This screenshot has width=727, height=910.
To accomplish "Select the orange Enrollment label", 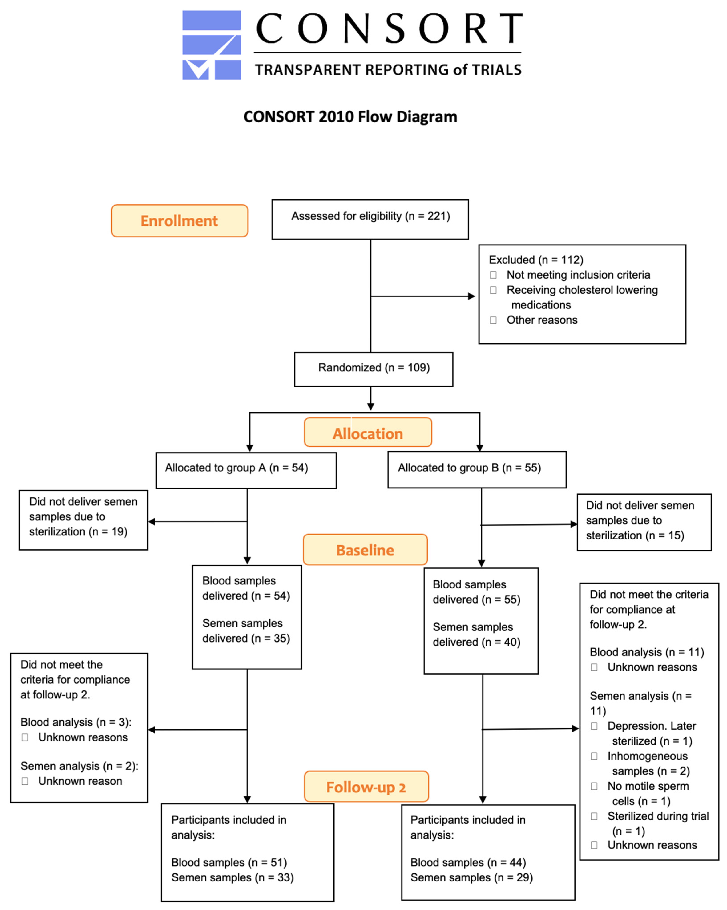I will pos(179,221).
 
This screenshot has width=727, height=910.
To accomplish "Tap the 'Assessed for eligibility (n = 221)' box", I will pos(370,219).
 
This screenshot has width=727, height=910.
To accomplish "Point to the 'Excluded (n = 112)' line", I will pos(535,260).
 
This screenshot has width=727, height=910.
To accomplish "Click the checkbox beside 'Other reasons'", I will pos(493,320).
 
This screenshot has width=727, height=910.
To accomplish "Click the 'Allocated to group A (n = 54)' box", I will pos(246,470).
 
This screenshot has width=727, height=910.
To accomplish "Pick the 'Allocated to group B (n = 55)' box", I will pos(477,469).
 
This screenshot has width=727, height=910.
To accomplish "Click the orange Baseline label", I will pos(365,550).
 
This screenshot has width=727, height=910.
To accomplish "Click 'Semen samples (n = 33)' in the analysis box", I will pos(232,877).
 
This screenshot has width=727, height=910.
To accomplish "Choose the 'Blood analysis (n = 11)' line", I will pos(646,652).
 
